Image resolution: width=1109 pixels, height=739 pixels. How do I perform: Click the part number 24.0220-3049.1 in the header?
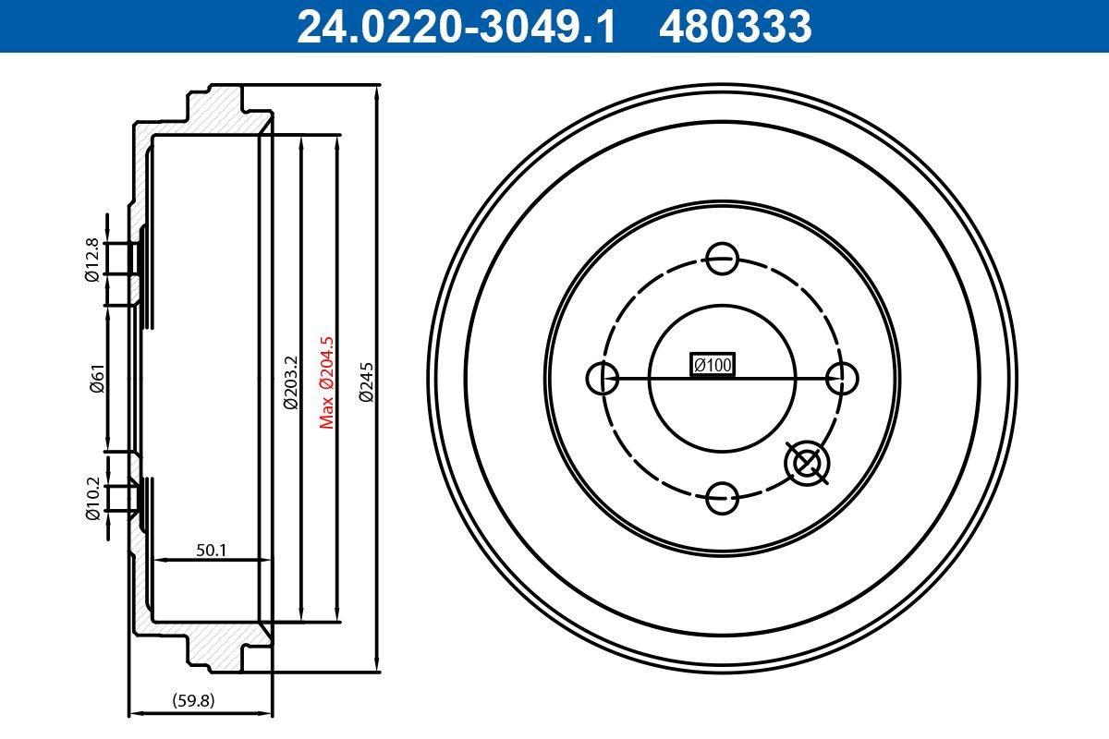455,26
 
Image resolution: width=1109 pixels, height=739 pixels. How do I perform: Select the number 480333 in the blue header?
735,26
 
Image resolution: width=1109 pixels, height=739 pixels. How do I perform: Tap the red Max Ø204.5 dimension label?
325,382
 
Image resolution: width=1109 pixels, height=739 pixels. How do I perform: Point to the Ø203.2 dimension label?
289,382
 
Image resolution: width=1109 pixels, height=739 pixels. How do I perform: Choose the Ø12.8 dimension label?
92,260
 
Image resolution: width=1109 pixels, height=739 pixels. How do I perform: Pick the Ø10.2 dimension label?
92,499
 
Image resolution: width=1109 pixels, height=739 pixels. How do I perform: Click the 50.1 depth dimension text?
211,551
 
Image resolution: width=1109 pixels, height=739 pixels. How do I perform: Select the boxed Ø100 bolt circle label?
713,366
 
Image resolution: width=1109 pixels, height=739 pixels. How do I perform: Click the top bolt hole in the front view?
722,258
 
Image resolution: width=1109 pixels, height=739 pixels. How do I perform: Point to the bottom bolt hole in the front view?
722,498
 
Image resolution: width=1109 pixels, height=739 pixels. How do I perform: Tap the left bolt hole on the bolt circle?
603,378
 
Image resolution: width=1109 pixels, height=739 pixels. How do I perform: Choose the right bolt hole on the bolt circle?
842,378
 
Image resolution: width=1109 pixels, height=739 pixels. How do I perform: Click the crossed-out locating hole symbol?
807,462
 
